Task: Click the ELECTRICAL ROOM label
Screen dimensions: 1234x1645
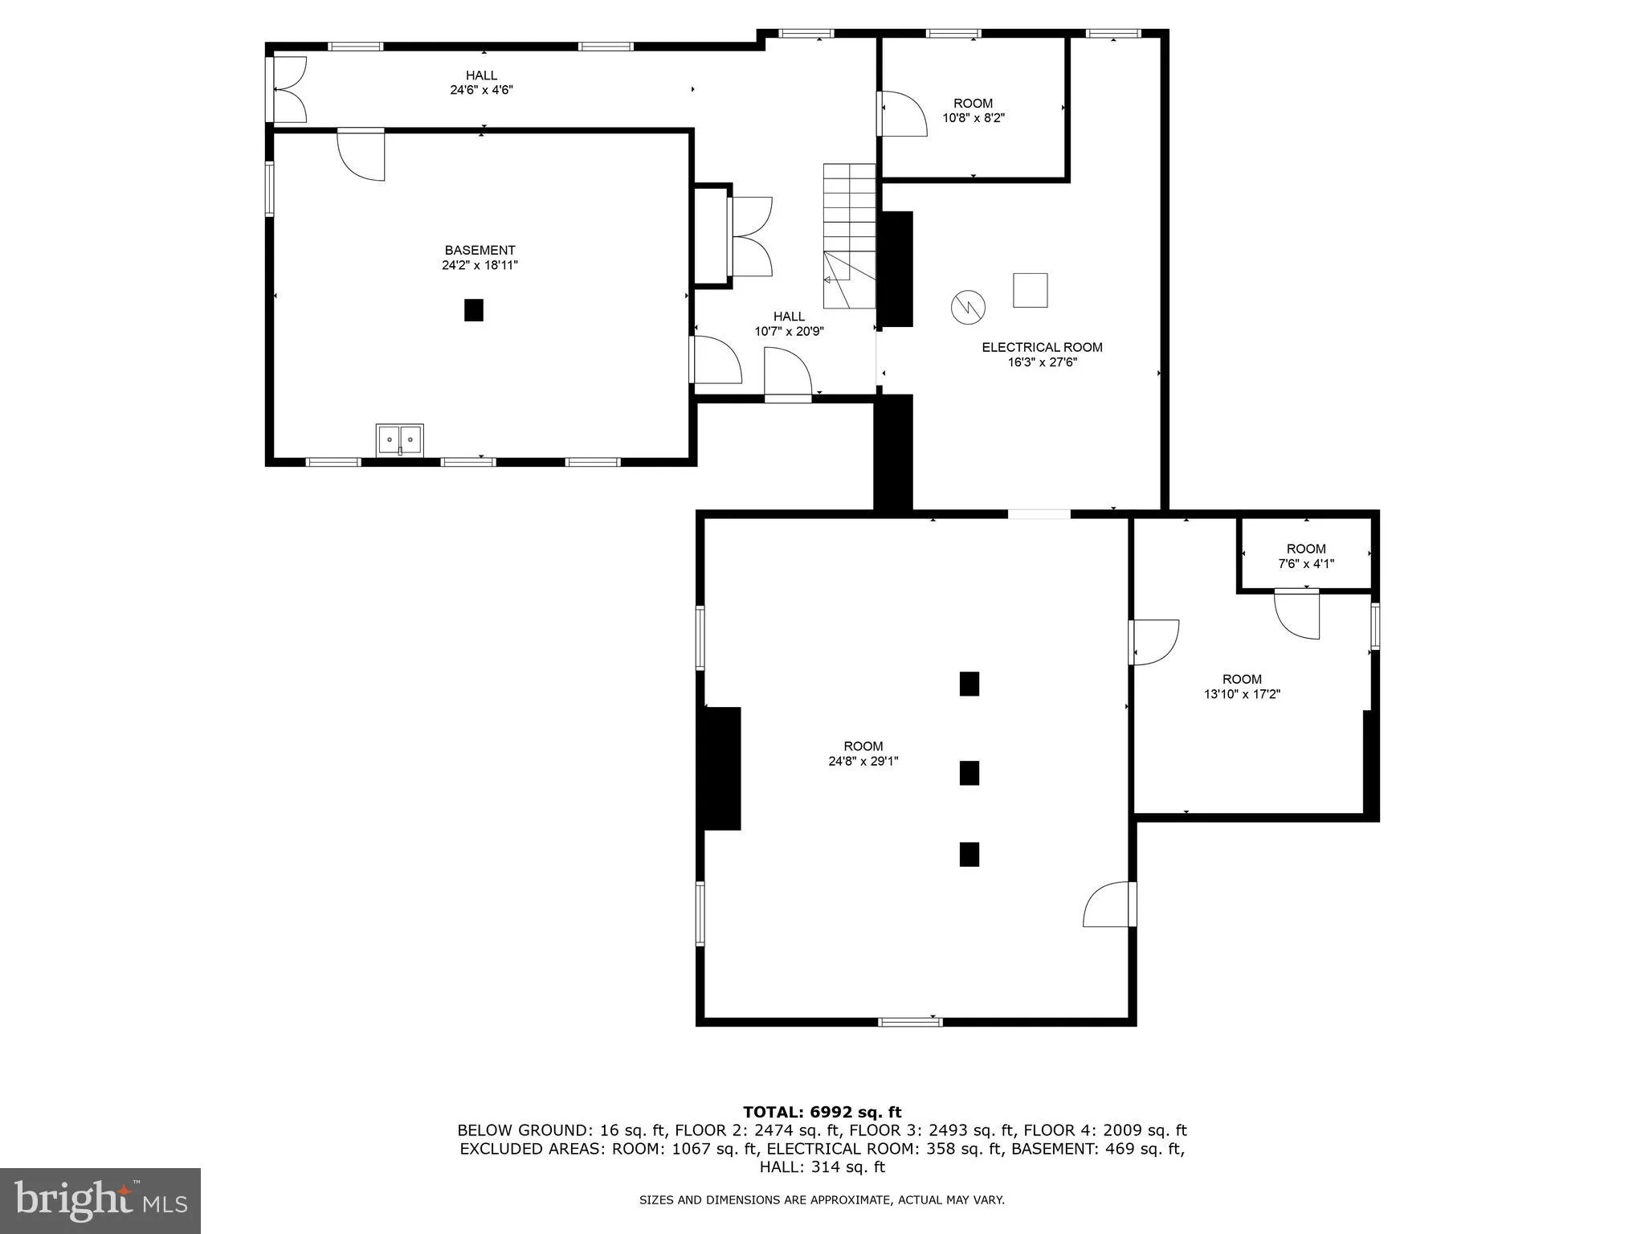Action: coord(1042,347)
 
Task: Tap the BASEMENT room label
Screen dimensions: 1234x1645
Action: coord(480,251)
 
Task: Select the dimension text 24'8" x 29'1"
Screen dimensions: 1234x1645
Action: coord(863,761)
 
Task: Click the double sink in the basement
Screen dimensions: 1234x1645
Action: coord(399,439)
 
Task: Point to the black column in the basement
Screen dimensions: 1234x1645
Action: coord(474,310)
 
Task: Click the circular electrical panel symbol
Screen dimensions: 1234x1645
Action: coord(968,307)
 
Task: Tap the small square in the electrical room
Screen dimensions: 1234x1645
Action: coord(1030,290)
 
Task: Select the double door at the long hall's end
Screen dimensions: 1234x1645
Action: coord(288,89)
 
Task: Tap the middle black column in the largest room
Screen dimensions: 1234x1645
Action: coord(969,773)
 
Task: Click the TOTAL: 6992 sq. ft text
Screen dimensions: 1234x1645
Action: coord(822,1113)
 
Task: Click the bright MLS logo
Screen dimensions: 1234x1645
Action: coord(100,1201)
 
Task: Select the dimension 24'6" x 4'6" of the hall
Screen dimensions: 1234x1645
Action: coord(481,90)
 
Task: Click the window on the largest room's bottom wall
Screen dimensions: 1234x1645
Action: coord(909,1022)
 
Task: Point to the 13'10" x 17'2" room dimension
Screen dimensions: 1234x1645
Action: coord(1242,694)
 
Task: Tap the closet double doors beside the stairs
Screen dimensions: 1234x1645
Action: coord(751,237)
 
